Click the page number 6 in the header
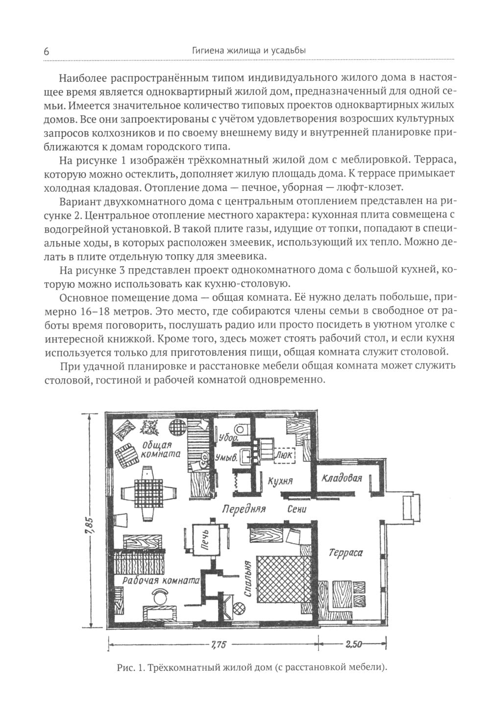pyautogui.click(x=47, y=51)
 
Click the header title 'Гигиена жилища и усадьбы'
pyautogui.click(x=249, y=50)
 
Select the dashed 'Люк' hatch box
pyautogui.click(x=284, y=455)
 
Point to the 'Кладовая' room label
pyautogui.click(x=342, y=478)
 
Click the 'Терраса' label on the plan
pyautogui.click(x=346, y=552)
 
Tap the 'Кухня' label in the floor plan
pyautogui.click(x=280, y=481)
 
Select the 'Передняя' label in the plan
pyautogui.click(x=244, y=509)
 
